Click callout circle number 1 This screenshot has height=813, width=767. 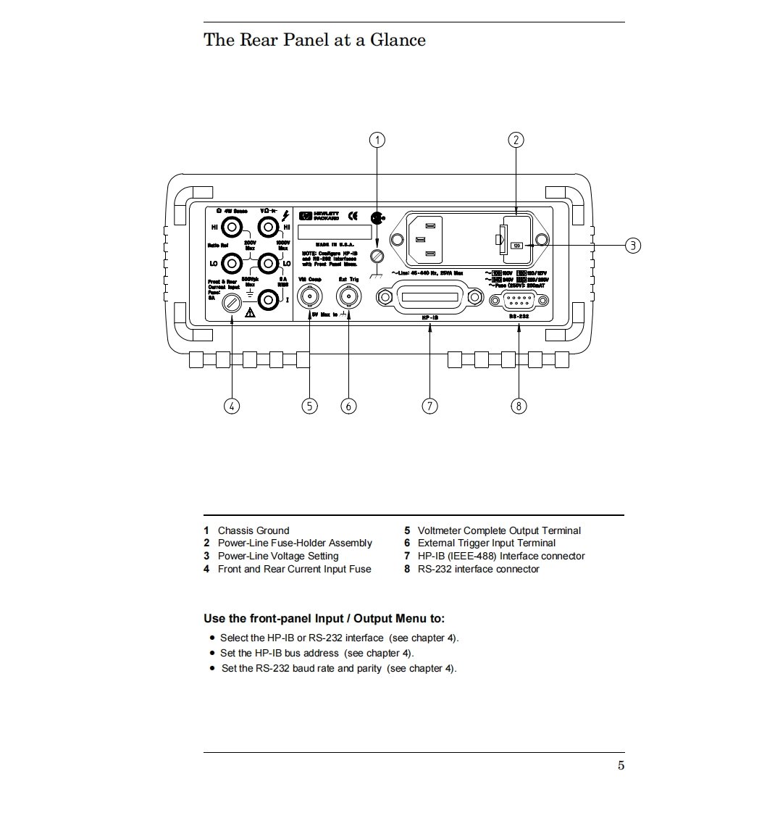[377, 140]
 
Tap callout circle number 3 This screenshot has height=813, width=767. [632, 245]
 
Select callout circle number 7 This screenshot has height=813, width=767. [429, 406]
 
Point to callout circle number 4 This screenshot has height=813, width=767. [232, 406]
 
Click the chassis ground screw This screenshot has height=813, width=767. [377, 256]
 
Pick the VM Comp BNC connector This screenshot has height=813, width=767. [310, 296]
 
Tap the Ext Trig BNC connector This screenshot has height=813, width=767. [348, 296]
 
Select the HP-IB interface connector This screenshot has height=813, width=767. [429, 299]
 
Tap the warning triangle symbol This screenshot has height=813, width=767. [250, 313]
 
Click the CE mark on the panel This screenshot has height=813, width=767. [353, 215]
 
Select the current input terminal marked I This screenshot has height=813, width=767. [269, 299]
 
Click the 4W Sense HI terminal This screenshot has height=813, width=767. [231, 227]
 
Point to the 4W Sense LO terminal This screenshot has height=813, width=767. [231, 262]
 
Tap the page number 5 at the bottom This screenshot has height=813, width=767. [621, 766]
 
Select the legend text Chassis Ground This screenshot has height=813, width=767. [253, 530]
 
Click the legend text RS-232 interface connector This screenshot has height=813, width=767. [478, 569]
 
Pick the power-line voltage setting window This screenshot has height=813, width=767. [517, 246]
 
